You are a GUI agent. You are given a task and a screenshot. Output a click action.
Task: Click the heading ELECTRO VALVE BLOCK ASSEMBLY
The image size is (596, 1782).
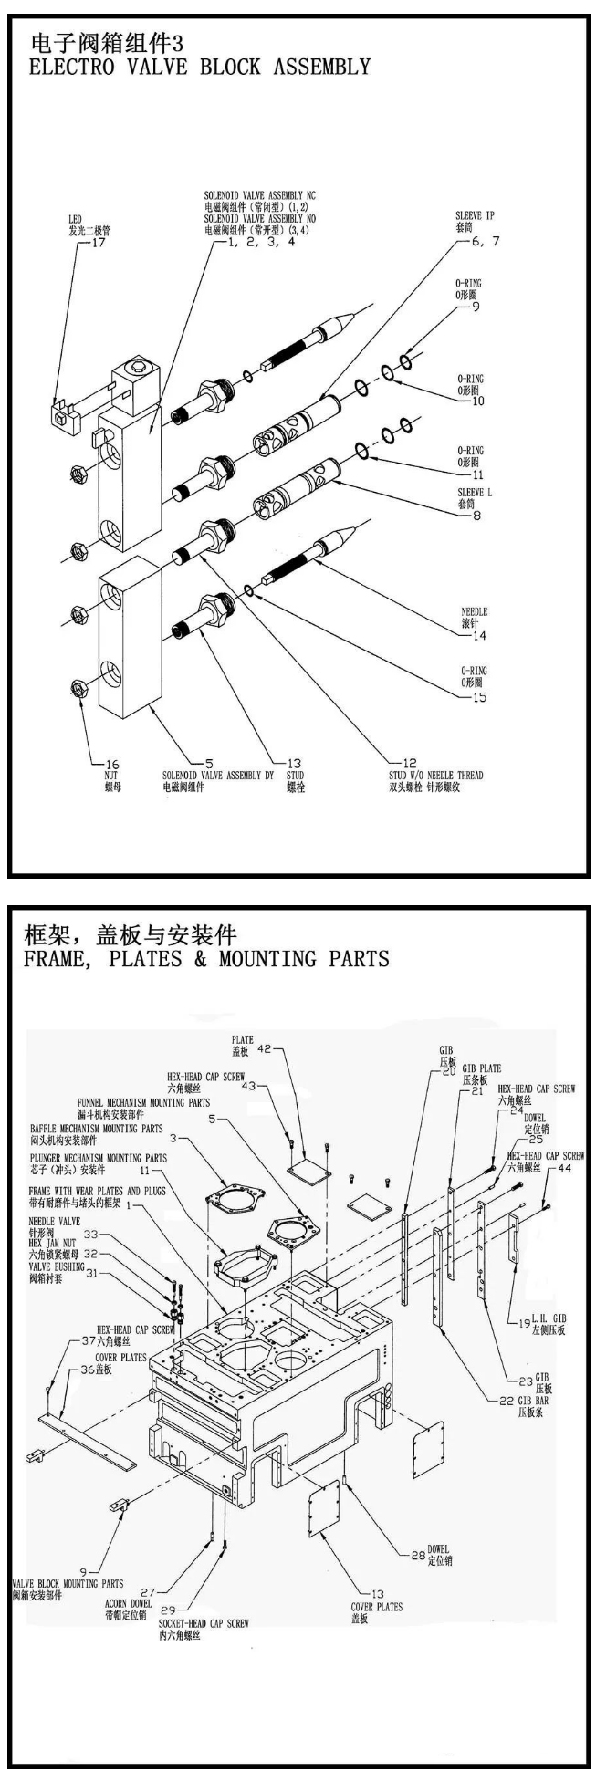coord(200,68)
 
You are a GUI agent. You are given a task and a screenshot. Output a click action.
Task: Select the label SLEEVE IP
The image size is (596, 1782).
coord(475,216)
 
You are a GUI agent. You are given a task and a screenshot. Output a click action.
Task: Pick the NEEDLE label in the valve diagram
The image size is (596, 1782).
coord(476,612)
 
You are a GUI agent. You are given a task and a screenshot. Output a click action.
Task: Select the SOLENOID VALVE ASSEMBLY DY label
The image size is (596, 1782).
coord(215,776)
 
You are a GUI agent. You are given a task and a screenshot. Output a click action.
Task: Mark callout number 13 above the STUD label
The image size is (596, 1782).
coord(294,764)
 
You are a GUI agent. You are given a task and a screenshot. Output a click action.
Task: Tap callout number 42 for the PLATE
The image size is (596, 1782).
coord(240,1049)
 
